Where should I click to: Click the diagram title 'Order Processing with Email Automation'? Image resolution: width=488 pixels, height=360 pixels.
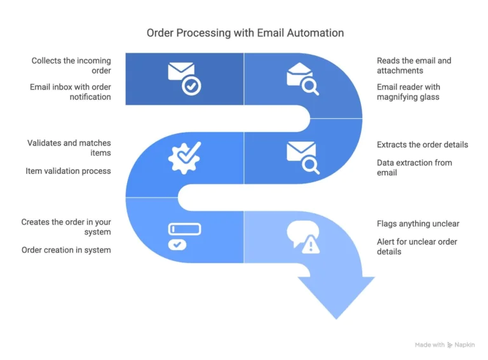coord(245,32)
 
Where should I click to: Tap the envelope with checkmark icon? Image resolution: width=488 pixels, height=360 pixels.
coord(184,78)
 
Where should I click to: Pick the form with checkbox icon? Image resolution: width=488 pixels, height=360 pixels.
coord(184,236)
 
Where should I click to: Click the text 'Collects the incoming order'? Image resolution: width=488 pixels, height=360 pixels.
coord(71,65)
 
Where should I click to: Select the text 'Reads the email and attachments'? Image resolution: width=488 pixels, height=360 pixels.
coord(414,65)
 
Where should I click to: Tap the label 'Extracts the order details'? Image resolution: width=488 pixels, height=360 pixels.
coord(422,145)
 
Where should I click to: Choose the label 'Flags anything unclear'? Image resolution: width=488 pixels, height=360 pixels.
coord(417,223)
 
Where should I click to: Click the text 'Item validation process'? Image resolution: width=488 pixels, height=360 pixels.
coord(68,171)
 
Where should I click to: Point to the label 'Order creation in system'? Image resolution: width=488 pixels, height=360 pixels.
coord(66,250)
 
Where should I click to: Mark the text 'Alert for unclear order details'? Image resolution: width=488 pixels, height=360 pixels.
coord(417,246)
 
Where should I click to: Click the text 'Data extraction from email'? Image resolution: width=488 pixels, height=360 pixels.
coord(414,168)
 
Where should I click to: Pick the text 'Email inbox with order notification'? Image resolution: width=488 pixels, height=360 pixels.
coord(70,92)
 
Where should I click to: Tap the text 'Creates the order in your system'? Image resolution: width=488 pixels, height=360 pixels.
coord(66,227)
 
